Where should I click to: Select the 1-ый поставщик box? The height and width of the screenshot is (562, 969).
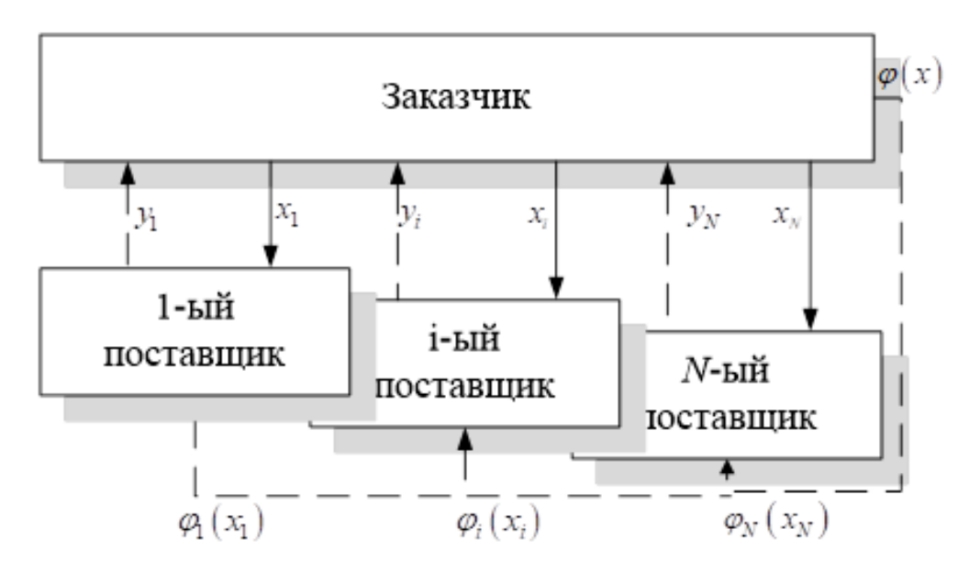pos(194,332)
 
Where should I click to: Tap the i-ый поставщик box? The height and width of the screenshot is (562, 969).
pos(464,363)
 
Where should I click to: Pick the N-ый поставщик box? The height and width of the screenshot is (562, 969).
pos(725,395)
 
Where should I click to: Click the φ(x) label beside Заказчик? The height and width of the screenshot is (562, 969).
pos(909,74)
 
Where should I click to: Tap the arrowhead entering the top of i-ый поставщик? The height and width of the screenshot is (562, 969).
pos(557,290)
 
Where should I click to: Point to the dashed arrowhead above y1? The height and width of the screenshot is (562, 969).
pos(128,170)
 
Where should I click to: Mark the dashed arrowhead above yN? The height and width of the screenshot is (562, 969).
pos(668,170)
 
